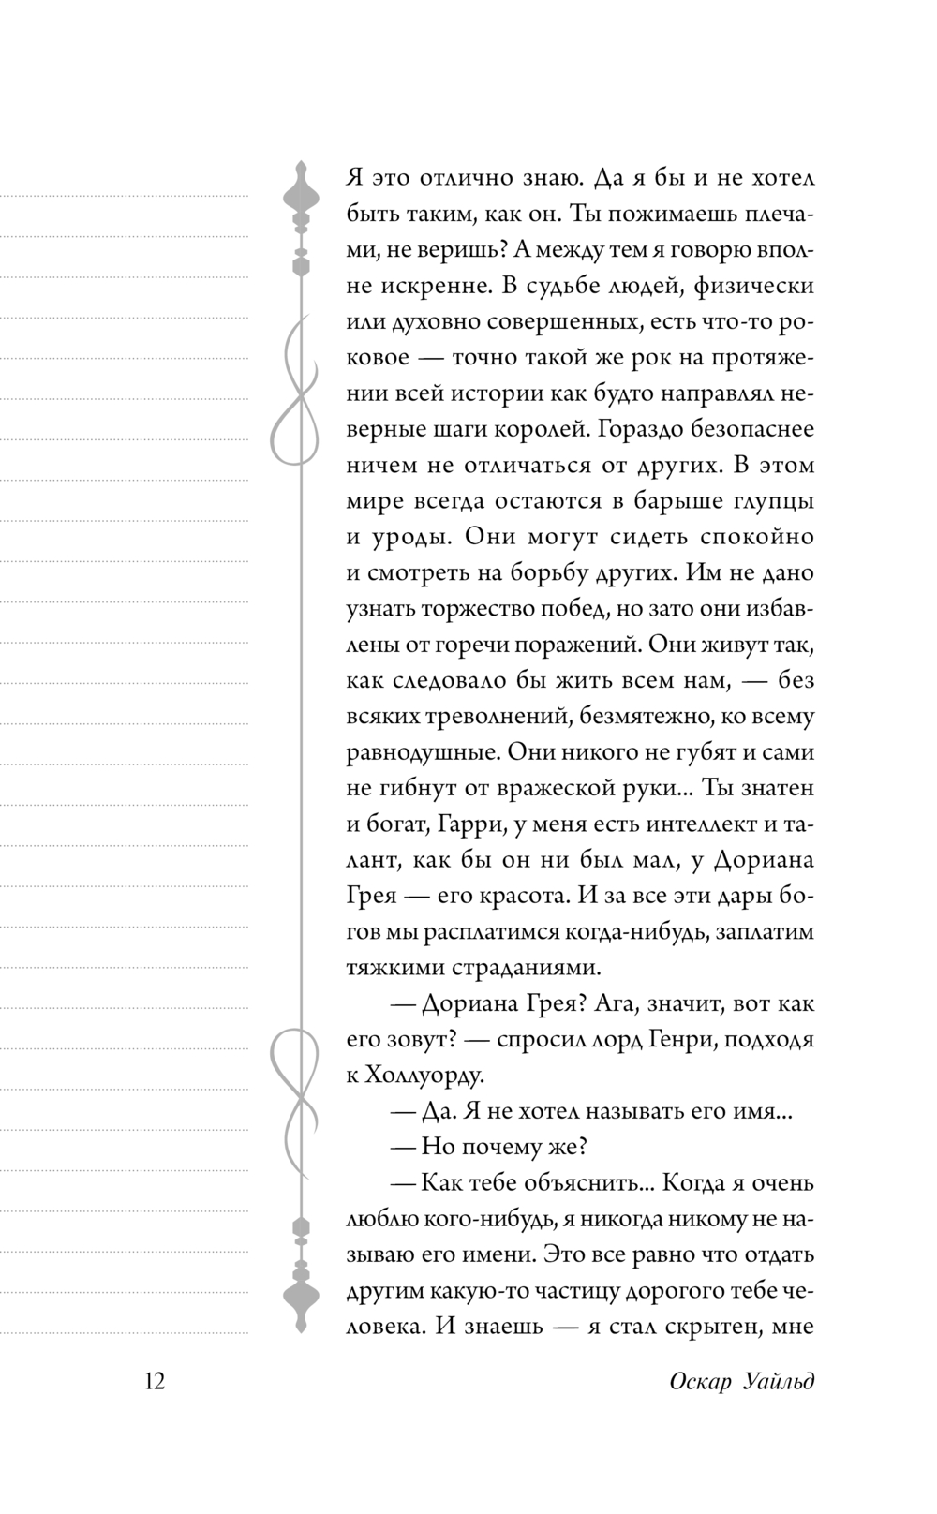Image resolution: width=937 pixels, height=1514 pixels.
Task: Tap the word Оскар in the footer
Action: coord(704,1382)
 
